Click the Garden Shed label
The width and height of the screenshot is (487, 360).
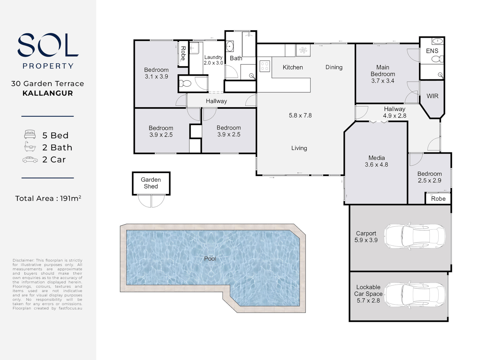tap(151, 183)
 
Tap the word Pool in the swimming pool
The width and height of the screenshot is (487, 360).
tap(210, 259)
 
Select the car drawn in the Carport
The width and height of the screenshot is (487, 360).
tap(415, 236)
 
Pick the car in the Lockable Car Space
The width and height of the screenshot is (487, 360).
tap(415, 295)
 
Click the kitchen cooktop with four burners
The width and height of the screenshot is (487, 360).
tap(265, 66)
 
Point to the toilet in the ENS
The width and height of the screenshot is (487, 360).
tap(437, 59)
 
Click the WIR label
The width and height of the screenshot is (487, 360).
tap(432, 96)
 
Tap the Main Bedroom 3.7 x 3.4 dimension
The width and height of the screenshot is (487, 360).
tap(383, 81)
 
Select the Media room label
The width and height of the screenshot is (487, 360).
tap(377, 158)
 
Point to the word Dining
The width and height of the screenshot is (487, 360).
tap(334, 67)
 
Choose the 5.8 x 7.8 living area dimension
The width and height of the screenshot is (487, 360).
tap(300, 115)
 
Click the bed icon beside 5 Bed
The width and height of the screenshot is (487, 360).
tap(30, 134)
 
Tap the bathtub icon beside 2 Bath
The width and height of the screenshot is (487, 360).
tap(30, 147)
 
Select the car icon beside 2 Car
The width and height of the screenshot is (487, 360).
tap(30, 160)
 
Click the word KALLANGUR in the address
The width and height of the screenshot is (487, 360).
tap(48, 93)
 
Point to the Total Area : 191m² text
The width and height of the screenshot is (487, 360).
tap(48, 198)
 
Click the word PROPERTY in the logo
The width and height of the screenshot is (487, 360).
tap(48, 66)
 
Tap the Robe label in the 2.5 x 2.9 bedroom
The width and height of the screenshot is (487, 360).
tap(438, 199)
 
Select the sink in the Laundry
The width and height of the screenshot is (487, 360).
tap(194, 48)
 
